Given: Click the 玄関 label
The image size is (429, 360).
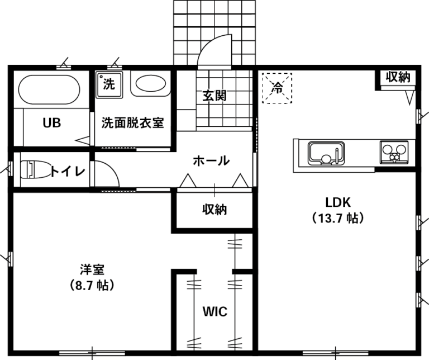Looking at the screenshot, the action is [214, 96].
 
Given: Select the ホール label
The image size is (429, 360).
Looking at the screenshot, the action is [211, 160].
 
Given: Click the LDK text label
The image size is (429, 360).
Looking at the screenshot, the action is [338, 202].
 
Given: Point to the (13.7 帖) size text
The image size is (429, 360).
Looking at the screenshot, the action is [338, 218].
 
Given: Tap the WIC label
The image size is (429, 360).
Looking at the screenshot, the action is [214, 311].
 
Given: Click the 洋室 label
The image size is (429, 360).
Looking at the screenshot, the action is [92, 269].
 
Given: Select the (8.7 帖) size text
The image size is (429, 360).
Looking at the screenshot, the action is [92, 285].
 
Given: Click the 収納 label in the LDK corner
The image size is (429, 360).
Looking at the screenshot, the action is [398, 77].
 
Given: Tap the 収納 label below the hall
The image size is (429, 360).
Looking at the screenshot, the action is [214, 210].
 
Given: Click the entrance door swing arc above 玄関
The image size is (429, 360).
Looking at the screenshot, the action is [209, 43].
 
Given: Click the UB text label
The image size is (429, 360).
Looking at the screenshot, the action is [52, 123].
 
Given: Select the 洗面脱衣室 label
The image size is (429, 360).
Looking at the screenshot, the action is [133, 123].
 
